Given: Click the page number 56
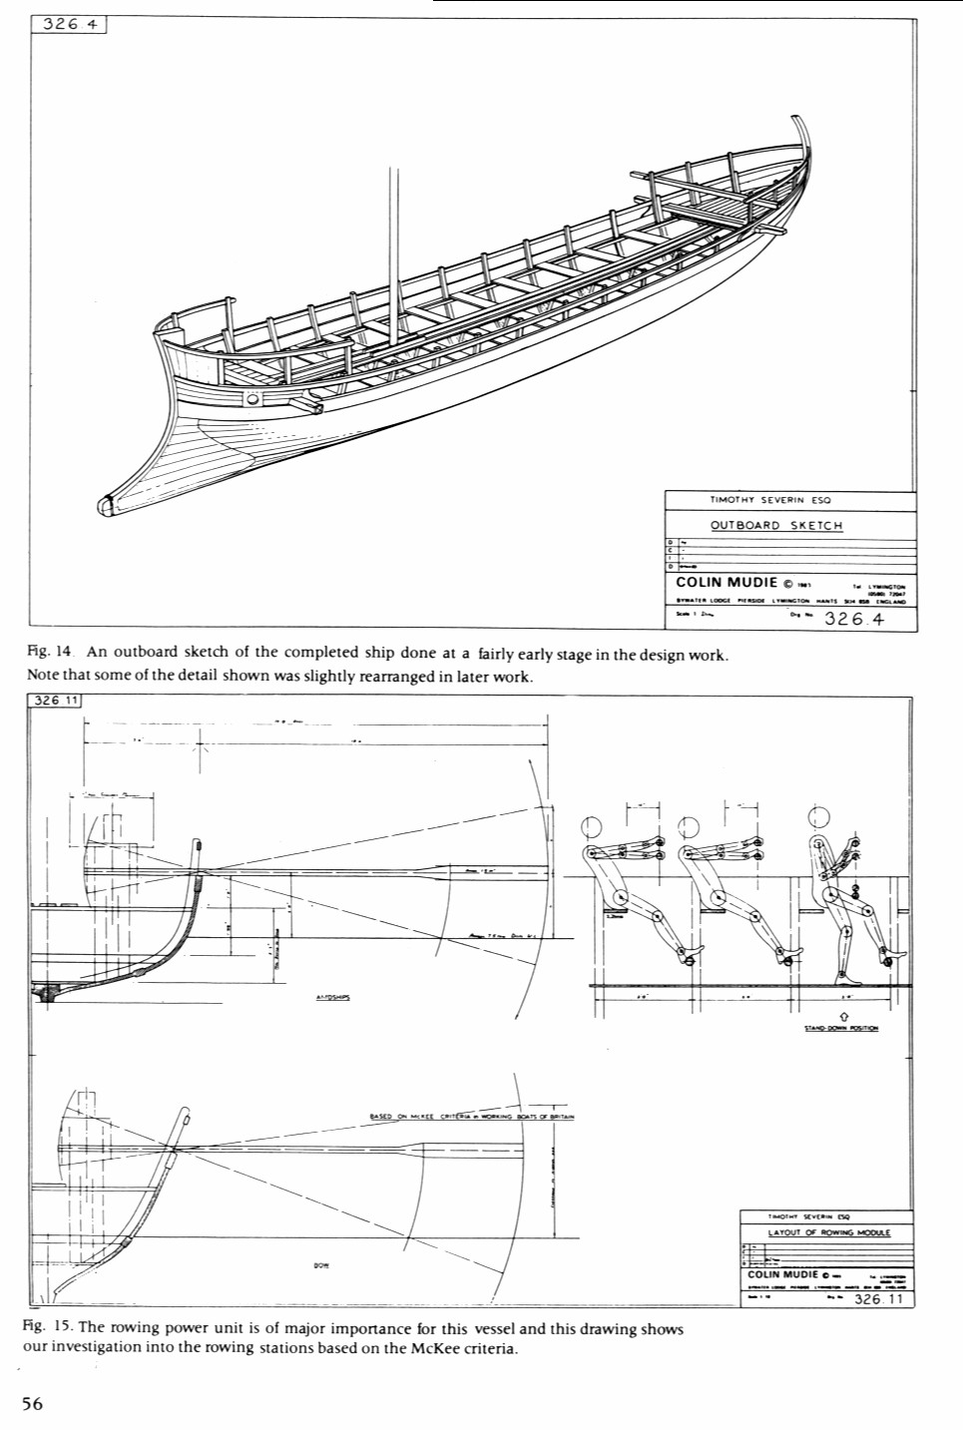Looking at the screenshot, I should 32,1403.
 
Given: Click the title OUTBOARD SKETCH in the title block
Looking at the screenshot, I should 776,526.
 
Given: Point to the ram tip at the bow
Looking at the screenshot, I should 107,505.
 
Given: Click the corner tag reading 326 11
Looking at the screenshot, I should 56,701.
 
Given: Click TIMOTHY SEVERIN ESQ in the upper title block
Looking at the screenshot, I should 769,500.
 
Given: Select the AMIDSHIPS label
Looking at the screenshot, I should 333,996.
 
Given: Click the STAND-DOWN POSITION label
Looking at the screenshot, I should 841,1028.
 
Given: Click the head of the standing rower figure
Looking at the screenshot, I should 819,815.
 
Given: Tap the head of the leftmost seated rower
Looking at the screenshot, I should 591,826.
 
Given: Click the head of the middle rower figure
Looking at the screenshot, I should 688,826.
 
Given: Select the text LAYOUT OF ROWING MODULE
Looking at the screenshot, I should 828,1232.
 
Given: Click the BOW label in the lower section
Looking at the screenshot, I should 321,1265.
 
